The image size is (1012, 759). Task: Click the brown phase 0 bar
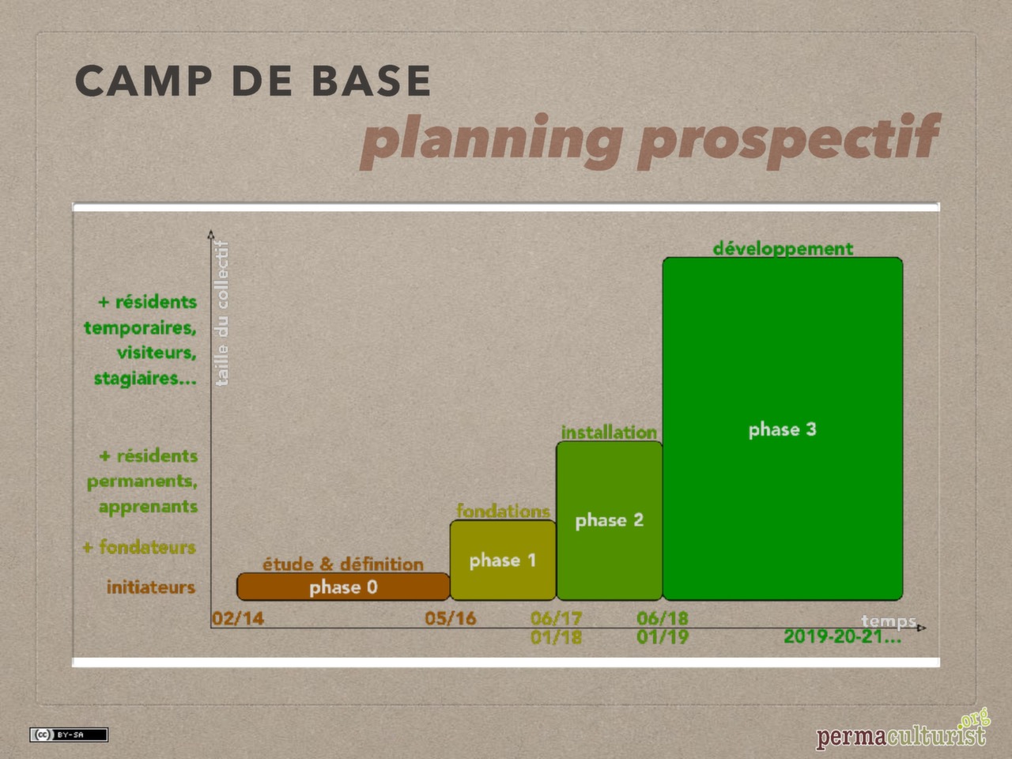click(x=343, y=587)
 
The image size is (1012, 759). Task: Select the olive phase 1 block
click(x=503, y=560)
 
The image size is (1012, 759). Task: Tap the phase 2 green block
click(x=609, y=520)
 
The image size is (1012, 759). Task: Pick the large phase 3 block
click(x=782, y=429)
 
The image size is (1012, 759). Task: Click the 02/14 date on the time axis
click(x=238, y=618)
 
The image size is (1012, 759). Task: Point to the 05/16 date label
click(x=451, y=618)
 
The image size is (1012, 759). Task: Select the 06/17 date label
click(x=557, y=617)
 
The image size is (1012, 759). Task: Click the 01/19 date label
click(x=663, y=636)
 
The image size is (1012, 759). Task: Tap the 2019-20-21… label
click(x=842, y=636)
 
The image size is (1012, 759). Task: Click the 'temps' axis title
click(x=889, y=621)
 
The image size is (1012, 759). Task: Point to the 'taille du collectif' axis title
click(x=222, y=313)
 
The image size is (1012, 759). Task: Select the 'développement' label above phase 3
click(x=783, y=248)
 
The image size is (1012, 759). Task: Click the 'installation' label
click(x=609, y=432)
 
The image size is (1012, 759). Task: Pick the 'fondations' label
click(x=503, y=511)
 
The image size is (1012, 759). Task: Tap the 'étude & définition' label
click(x=343, y=564)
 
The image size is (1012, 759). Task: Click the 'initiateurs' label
click(x=151, y=587)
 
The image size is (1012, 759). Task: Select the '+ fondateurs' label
click(x=139, y=547)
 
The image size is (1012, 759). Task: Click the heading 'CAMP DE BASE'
click(x=253, y=81)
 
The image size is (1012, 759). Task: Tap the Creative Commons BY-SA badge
click(x=69, y=734)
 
